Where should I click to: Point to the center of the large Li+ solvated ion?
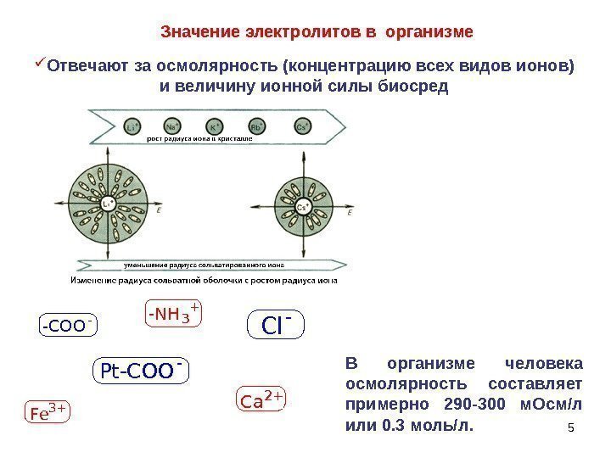pyautogui.click(x=108, y=205)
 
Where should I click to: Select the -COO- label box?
pyautogui.click(x=68, y=325)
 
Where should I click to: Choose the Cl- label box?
pyautogui.click(x=275, y=325)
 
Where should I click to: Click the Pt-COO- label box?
pyautogui.click(x=140, y=371)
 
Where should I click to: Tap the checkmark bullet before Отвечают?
pyautogui.click(x=41, y=64)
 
